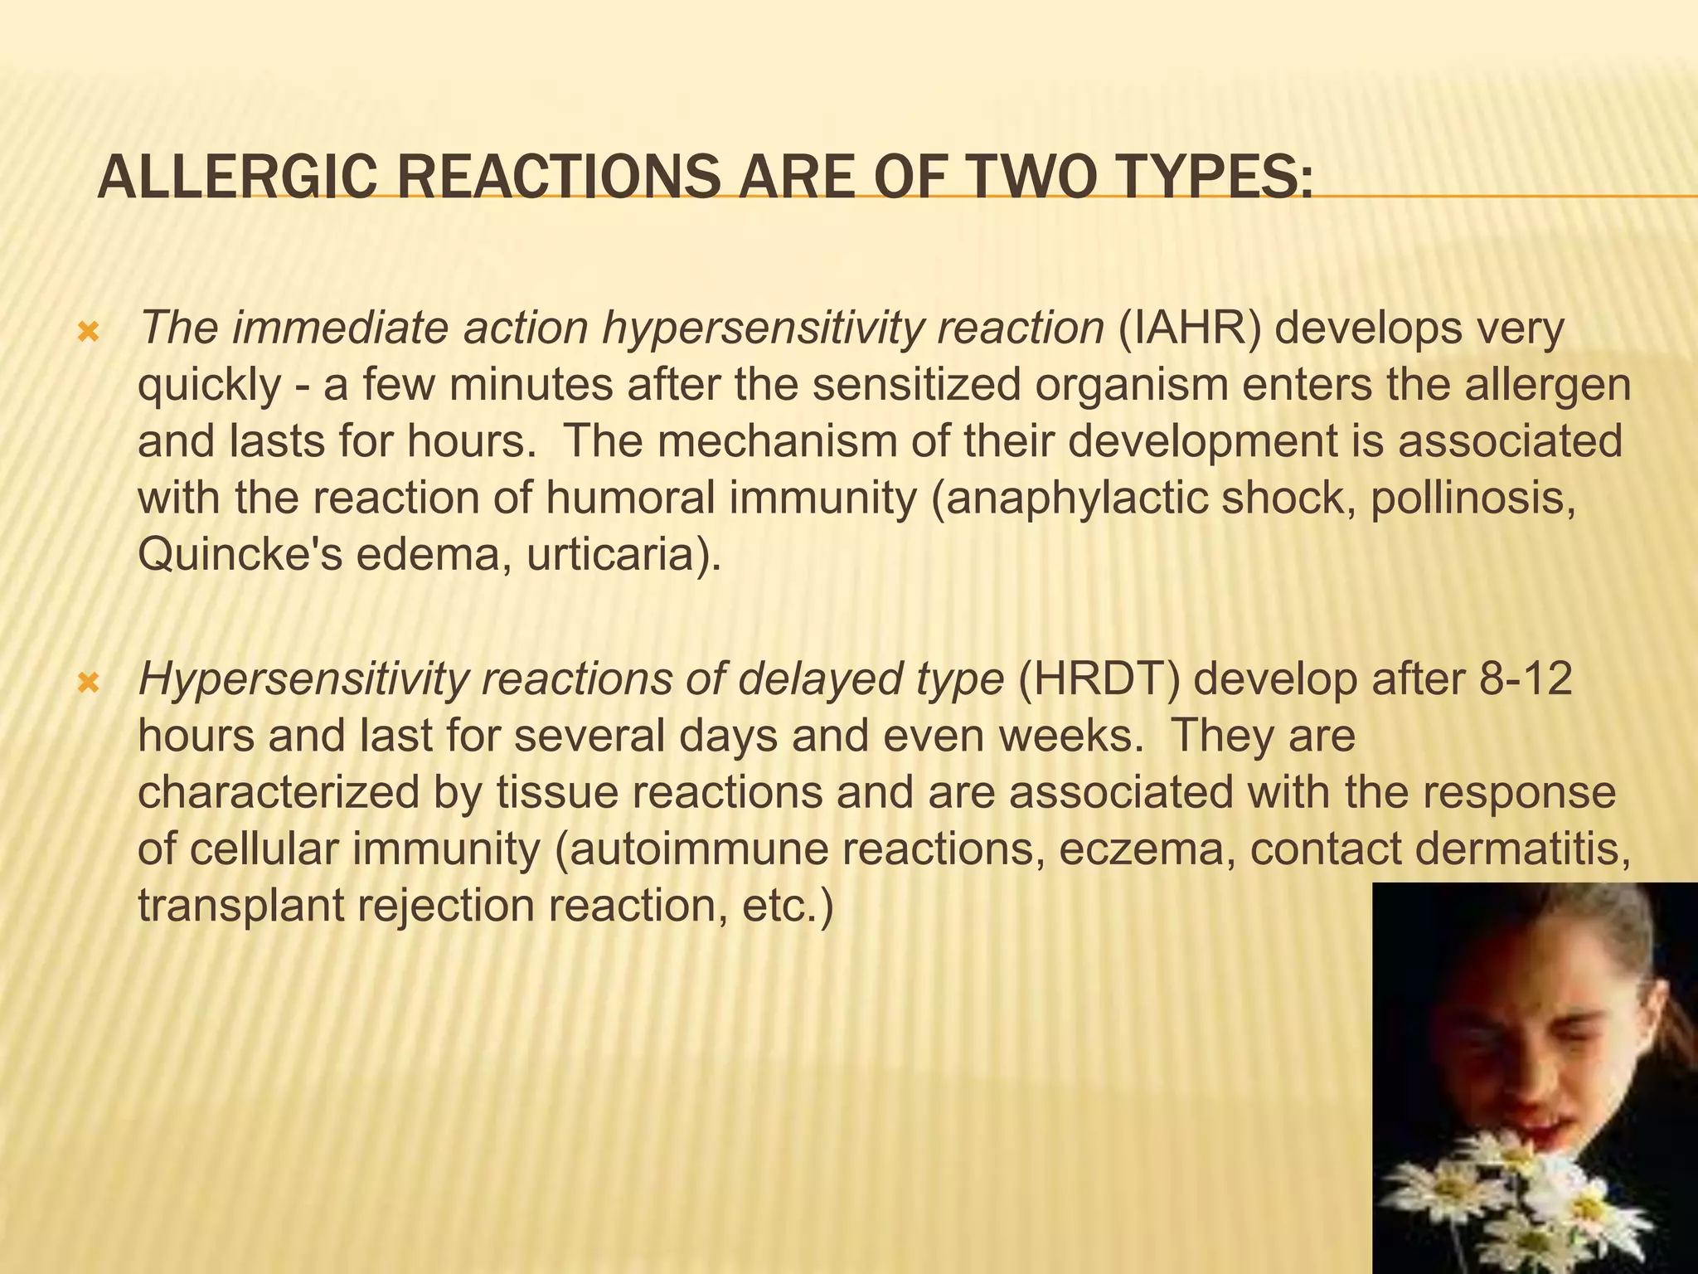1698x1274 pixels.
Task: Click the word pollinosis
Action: pos(1472,498)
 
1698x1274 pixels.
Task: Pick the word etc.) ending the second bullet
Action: pos(787,906)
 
